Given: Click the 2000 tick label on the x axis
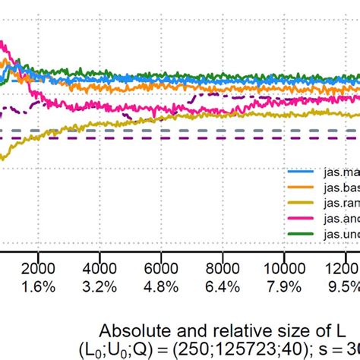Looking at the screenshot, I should point(40,270).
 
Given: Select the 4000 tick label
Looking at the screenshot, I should point(100,270).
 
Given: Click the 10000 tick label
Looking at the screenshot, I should point(283,270).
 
